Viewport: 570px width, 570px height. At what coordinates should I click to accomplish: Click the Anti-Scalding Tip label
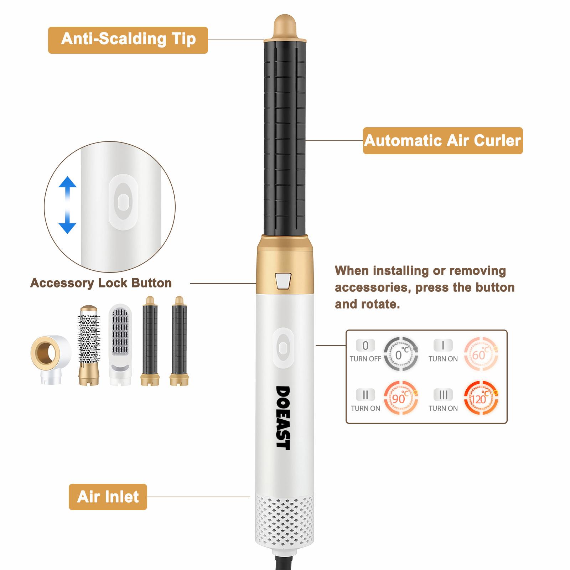[x=128, y=40]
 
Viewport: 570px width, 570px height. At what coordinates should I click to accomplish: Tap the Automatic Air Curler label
[x=443, y=141]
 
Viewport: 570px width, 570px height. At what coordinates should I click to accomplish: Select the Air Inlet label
[x=108, y=497]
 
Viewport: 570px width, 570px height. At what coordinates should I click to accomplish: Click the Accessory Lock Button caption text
[x=101, y=283]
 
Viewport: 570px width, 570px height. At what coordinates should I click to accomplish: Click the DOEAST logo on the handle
[x=284, y=418]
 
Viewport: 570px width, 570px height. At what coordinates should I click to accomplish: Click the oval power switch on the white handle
[x=283, y=348]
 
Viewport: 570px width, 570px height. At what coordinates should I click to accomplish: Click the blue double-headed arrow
[x=67, y=205]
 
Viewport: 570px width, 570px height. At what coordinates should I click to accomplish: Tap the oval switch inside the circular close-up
[x=123, y=202]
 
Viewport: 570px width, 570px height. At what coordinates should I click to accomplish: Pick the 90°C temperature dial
[x=401, y=398]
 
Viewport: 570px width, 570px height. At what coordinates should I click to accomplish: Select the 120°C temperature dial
[x=481, y=398]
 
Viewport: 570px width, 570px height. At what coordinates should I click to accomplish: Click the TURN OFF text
[x=366, y=359]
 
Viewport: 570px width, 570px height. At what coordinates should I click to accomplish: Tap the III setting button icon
[x=443, y=395]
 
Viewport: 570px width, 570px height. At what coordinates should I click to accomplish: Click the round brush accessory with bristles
[x=89, y=344]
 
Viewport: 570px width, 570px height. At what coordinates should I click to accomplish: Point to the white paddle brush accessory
[x=120, y=344]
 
